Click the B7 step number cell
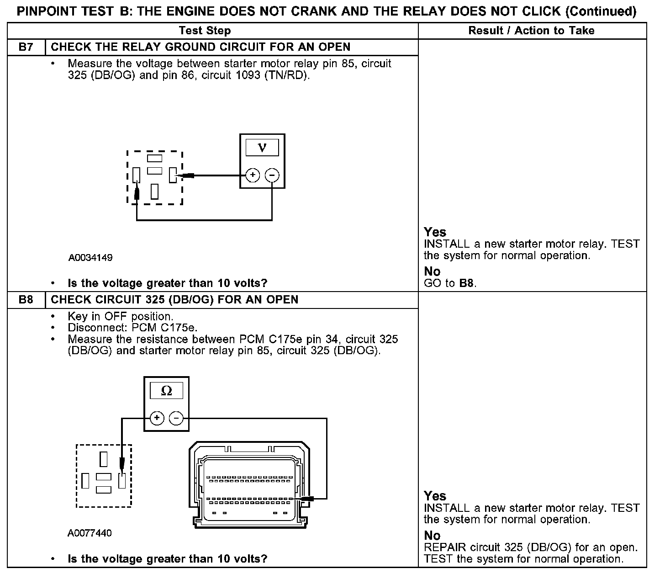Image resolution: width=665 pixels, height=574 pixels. (26, 47)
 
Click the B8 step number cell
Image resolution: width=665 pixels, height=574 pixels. (26, 300)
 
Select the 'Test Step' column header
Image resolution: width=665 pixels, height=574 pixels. (205, 31)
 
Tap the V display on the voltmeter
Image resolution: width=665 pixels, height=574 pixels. (262, 148)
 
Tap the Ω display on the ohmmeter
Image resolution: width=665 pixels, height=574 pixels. (166, 391)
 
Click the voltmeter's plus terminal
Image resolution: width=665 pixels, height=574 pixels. (253, 175)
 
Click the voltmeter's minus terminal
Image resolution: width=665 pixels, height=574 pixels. (272, 175)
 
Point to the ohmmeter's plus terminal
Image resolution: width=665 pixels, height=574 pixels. (157, 418)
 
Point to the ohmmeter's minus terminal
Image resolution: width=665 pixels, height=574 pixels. (176, 418)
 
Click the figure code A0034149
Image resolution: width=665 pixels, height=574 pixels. (90, 258)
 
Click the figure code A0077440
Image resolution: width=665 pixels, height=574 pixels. (90, 533)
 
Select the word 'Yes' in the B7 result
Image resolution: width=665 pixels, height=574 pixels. (435, 232)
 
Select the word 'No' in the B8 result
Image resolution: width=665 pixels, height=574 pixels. (432, 536)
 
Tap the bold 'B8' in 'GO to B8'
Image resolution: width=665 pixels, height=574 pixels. (466, 283)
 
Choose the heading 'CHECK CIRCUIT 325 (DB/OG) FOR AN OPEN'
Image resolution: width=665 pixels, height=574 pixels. (174, 300)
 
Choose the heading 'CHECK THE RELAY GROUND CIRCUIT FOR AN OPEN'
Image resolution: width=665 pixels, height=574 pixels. (201, 47)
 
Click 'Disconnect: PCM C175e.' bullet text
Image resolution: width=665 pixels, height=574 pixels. (132, 328)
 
